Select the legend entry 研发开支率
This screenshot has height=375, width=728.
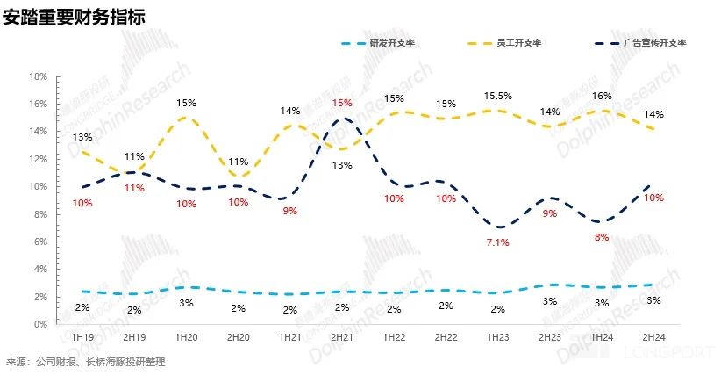pos(389,43)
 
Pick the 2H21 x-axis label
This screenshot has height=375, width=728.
pos(342,336)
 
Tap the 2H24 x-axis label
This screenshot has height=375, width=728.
pos(654,336)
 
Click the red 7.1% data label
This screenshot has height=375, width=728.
pos(498,242)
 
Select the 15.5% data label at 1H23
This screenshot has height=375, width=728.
pos(498,95)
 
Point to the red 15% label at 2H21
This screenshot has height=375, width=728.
pos(342,104)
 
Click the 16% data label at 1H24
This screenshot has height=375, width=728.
pos(602,96)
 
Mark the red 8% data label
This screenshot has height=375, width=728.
pos(602,237)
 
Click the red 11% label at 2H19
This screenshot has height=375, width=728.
pos(133,188)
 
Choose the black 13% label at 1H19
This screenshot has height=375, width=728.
pos(82,137)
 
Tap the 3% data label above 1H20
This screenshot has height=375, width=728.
pos(185,303)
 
